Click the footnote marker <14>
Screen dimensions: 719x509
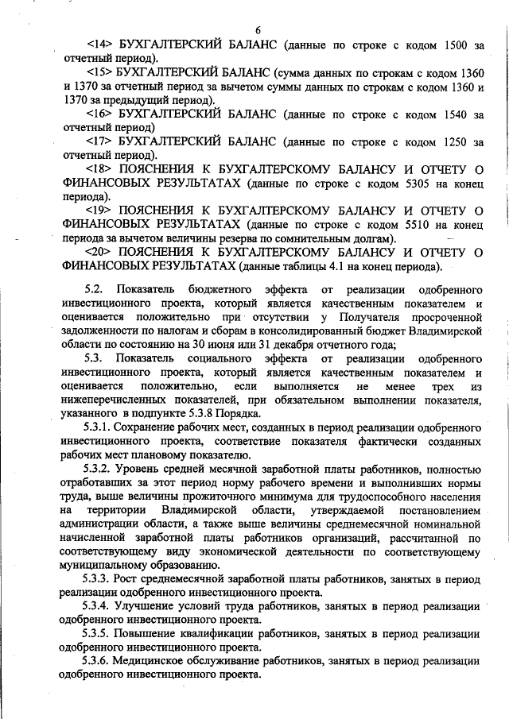(x=100, y=44)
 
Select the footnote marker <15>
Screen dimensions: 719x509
(x=100, y=72)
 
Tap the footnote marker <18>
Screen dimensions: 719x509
(x=100, y=169)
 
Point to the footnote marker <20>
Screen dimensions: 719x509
(x=100, y=252)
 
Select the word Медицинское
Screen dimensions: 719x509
(x=161, y=661)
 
